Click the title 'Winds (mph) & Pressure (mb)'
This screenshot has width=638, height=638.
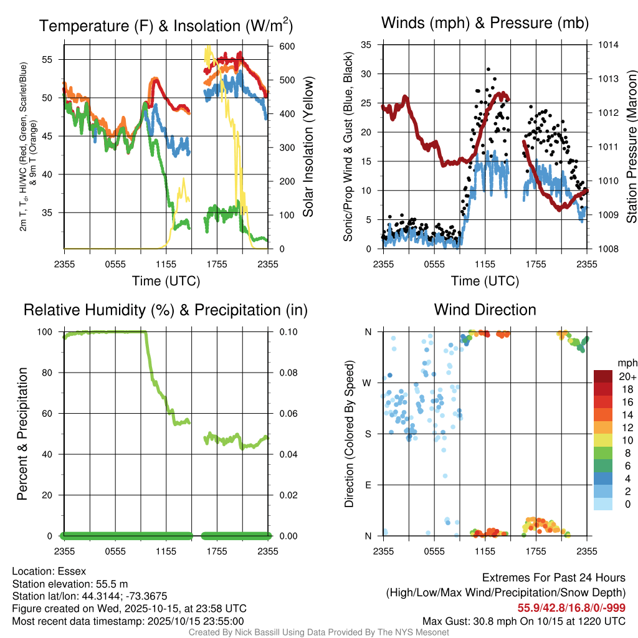tap(485, 24)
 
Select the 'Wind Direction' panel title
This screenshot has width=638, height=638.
tap(485, 310)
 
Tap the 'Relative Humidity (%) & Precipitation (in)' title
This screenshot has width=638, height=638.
tap(165, 310)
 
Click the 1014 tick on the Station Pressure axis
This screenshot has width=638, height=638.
tap(607, 45)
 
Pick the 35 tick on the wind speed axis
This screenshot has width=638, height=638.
tap(366, 45)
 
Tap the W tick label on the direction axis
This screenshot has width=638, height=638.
tap(368, 383)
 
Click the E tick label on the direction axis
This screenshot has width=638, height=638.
tap(368, 485)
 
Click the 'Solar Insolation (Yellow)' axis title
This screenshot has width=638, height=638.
tap(308, 147)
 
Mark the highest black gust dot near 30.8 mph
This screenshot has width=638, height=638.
tap(488, 69)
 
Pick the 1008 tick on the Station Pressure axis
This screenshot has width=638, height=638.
tap(607, 249)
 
